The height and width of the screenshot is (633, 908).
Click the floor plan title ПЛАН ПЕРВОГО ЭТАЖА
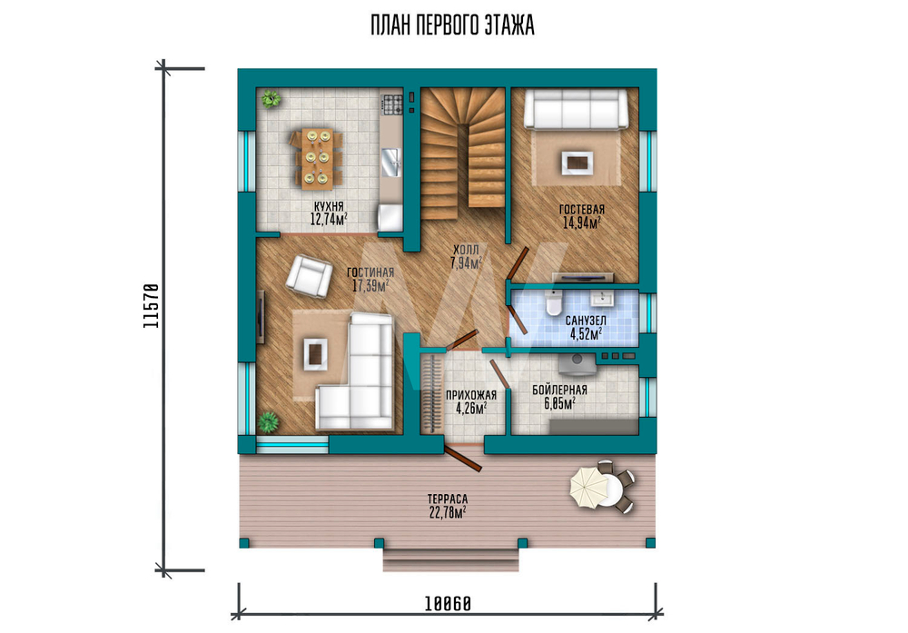click(x=452, y=25)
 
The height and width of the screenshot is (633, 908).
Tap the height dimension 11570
click(x=151, y=306)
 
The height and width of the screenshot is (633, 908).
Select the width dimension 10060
click(x=448, y=604)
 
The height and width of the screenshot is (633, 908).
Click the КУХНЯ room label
click(x=329, y=206)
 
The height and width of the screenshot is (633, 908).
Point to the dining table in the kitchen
click(x=317, y=159)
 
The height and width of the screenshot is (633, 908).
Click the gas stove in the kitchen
click(x=392, y=104)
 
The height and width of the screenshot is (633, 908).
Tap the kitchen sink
click(x=392, y=162)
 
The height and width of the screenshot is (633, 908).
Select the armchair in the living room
click(x=310, y=276)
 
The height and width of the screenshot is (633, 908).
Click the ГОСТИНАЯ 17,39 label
click(x=370, y=279)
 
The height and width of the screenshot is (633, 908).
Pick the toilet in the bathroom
click(x=554, y=303)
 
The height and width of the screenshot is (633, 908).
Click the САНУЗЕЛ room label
click(x=586, y=321)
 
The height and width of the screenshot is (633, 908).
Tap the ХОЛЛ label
click(x=466, y=250)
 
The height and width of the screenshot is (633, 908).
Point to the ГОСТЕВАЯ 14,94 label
click(x=581, y=216)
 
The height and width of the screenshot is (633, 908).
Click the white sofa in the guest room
click(x=577, y=108)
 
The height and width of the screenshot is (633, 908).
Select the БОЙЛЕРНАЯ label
click(x=560, y=390)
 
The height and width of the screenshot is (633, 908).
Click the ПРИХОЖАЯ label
click(x=471, y=395)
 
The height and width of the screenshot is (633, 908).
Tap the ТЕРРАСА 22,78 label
click(x=448, y=506)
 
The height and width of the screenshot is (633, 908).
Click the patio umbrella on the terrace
click(x=589, y=488)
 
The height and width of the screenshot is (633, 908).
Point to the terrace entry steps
click(x=450, y=559)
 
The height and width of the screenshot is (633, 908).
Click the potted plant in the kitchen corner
click(x=270, y=99)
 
